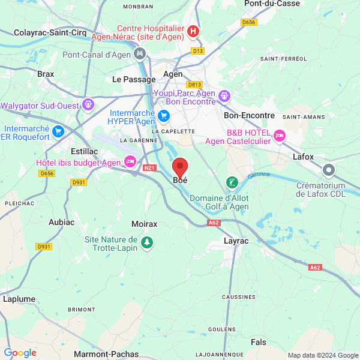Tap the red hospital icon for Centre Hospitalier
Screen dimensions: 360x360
[x=193, y=31]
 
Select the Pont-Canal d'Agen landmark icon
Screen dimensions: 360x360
[x=140, y=55]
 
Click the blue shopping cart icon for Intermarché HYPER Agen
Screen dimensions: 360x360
[x=163, y=115]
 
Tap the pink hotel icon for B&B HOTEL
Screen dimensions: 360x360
[x=279, y=136]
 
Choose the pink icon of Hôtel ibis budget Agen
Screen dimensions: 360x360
[x=130, y=161]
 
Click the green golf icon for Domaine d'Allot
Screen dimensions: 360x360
[x=231, y=182]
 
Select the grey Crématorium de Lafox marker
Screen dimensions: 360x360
[x=328, y=170]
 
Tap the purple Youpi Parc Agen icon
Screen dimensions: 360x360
[x=224, y=95]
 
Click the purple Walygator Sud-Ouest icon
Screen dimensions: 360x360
[x=88, y=104]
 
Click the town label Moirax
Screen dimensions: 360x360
[x=144, y=224]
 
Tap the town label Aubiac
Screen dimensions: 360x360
[x=62, y=222]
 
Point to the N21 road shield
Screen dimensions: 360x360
[x=150, y=168]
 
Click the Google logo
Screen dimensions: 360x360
[x=20, y=353]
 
